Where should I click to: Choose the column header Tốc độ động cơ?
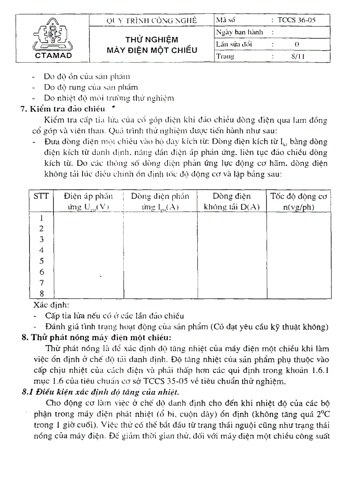pos(298,197)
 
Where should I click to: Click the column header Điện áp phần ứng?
pos(88,197)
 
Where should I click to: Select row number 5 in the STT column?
pos(41,261)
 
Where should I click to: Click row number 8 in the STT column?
pos(41,294)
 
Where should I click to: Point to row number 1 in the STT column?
pos(41,218)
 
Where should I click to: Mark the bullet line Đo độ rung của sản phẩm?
pos(90,87)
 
